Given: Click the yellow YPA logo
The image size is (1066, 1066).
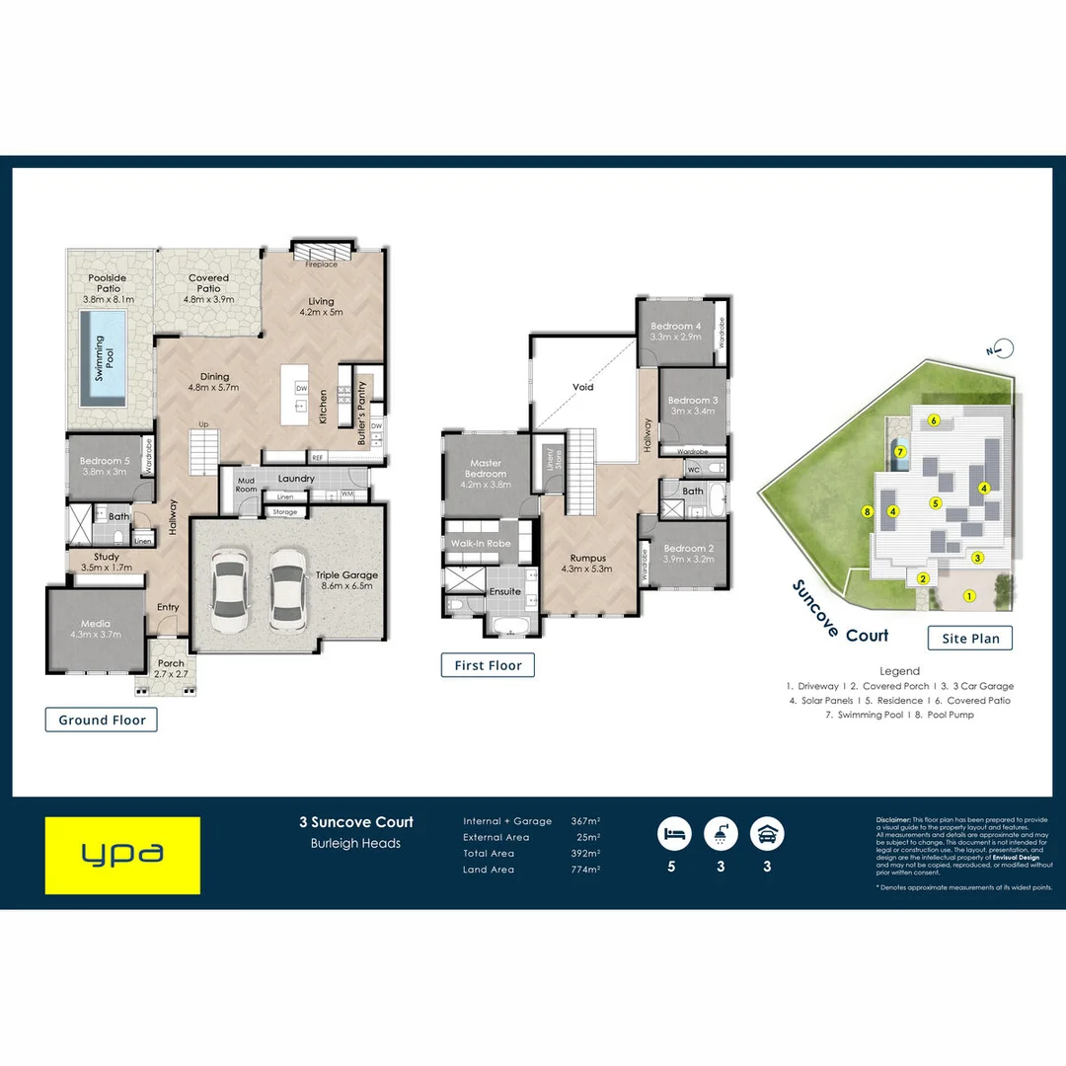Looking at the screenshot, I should pyautogui.click(x=122, y=855).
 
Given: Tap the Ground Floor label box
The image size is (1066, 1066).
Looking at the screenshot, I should pyautogui.click(x=102, y=720).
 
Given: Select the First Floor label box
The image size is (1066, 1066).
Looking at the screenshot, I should pyautogui.click(x=488, y=665).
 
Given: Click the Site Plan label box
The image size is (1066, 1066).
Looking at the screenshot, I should pyautogui.click(x=970, y=638).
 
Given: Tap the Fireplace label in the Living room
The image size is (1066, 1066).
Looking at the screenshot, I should pyautogui.click(x=321, y=265).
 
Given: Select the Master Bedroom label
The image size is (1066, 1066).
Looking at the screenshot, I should pyautogui.click(x=485, y=474).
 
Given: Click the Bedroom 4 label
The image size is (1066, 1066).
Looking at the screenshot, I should pyautogui.click(x=676, y=332).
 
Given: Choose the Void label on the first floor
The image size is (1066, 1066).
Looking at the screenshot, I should pyautogui.click(x=583, y=387).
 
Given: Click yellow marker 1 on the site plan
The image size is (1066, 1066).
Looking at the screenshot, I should pyautogui.click(x=969, y=595).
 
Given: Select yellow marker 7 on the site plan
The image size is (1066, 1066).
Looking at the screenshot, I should pyautogui.click(x=900, y=452).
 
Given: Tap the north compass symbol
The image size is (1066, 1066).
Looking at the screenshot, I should pyautogui.click(x=1003, y=347).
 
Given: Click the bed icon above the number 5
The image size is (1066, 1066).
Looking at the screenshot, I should pyautogui.click(x=674, y=833).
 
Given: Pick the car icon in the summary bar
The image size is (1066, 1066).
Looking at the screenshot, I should pyautogui.click(x=767, y=833).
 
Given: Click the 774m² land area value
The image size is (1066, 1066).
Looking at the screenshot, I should pyautogui.click(x=585, y=870).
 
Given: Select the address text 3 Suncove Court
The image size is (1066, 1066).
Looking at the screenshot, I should pyautogui.click(x=356, y=821).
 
